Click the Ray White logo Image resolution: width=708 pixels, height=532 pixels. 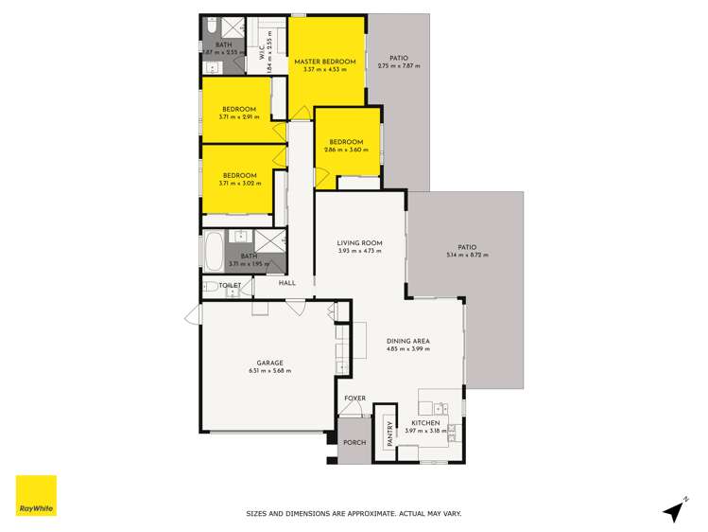tap(36, 495)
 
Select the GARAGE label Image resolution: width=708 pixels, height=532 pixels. tap(270, 363)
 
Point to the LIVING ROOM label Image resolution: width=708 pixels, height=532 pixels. tap(358, 244)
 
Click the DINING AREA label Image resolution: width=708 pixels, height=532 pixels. tap(409, 342)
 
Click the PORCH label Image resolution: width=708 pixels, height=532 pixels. tap(355, 443)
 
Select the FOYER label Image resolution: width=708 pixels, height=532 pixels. tap(354, 399)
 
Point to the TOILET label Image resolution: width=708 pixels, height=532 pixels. tap(231, 285)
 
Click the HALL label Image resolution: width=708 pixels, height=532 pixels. tap(287, 282)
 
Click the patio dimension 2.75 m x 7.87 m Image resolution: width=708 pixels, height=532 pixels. tap(398, 66)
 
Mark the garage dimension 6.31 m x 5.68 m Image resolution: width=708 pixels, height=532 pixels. tap(270, 370)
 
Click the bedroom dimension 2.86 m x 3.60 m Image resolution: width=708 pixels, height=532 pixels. tap(345, 150)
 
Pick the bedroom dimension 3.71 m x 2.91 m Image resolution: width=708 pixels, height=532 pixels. tap(239, 116)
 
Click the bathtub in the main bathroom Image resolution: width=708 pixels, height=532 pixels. tap(213, 253)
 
